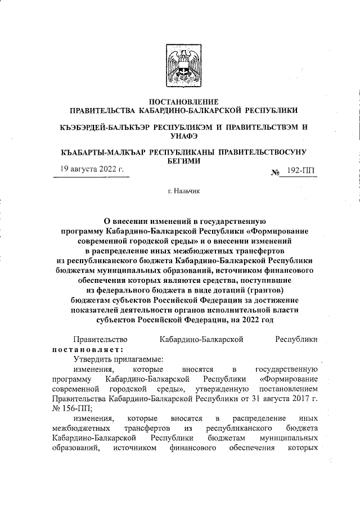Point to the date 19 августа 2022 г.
pyautogui.click(x=92, y=169)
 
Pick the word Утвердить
pyautogui.click(x=93, y=358)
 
